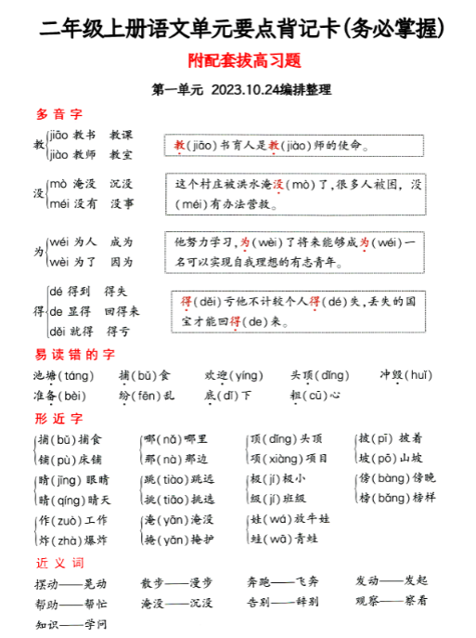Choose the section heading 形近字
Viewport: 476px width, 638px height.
59,419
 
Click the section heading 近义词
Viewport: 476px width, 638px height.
59,563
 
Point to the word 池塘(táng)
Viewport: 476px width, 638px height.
63,375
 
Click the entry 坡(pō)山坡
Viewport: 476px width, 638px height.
391,458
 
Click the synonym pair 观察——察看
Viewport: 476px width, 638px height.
391,601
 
